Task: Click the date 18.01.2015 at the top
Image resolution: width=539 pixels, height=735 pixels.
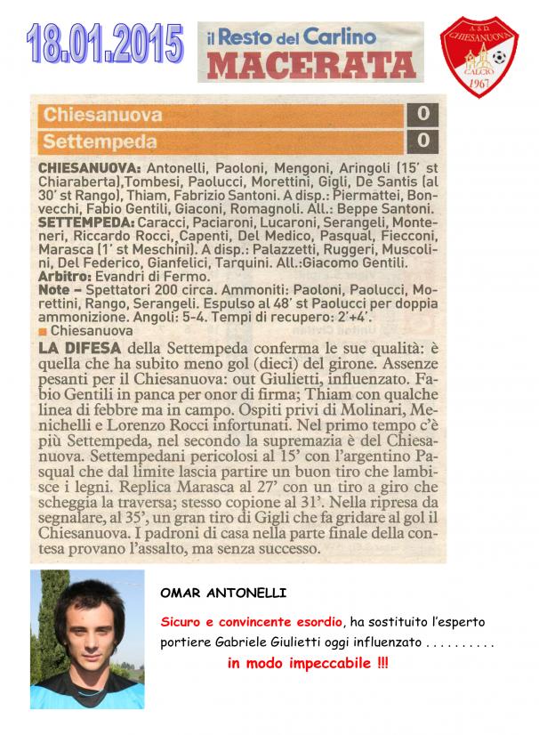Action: [105, 43]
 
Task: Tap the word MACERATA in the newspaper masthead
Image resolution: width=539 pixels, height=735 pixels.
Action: [312, 64]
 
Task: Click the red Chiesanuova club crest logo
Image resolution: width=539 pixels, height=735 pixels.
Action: [479, 56]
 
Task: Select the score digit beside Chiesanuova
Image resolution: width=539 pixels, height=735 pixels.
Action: [422, 115]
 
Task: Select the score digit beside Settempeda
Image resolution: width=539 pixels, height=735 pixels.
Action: [422, 141]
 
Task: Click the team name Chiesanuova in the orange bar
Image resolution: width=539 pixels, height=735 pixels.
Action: [102, 115]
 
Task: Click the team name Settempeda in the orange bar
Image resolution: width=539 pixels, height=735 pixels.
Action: [100, 141]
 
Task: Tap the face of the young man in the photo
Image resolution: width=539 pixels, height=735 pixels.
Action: [86, 628]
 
